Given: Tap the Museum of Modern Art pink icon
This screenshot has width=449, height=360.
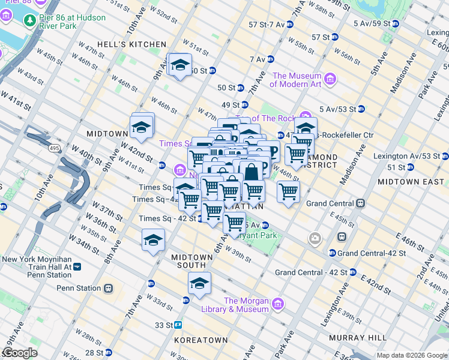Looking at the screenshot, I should (x=330, y=79).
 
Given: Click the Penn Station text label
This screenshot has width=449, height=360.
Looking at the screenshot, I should (x=79, y=288).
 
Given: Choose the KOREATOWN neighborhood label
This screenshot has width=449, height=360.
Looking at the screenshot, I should (x=201, y=340).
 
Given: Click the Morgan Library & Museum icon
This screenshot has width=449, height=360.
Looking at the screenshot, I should (x=277, y=304).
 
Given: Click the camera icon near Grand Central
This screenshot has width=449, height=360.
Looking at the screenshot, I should (x=315, y=239).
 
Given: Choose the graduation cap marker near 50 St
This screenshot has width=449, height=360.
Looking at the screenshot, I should (x=179, y=65).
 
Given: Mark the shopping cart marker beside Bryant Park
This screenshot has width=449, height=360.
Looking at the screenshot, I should (x=234, y=222).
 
